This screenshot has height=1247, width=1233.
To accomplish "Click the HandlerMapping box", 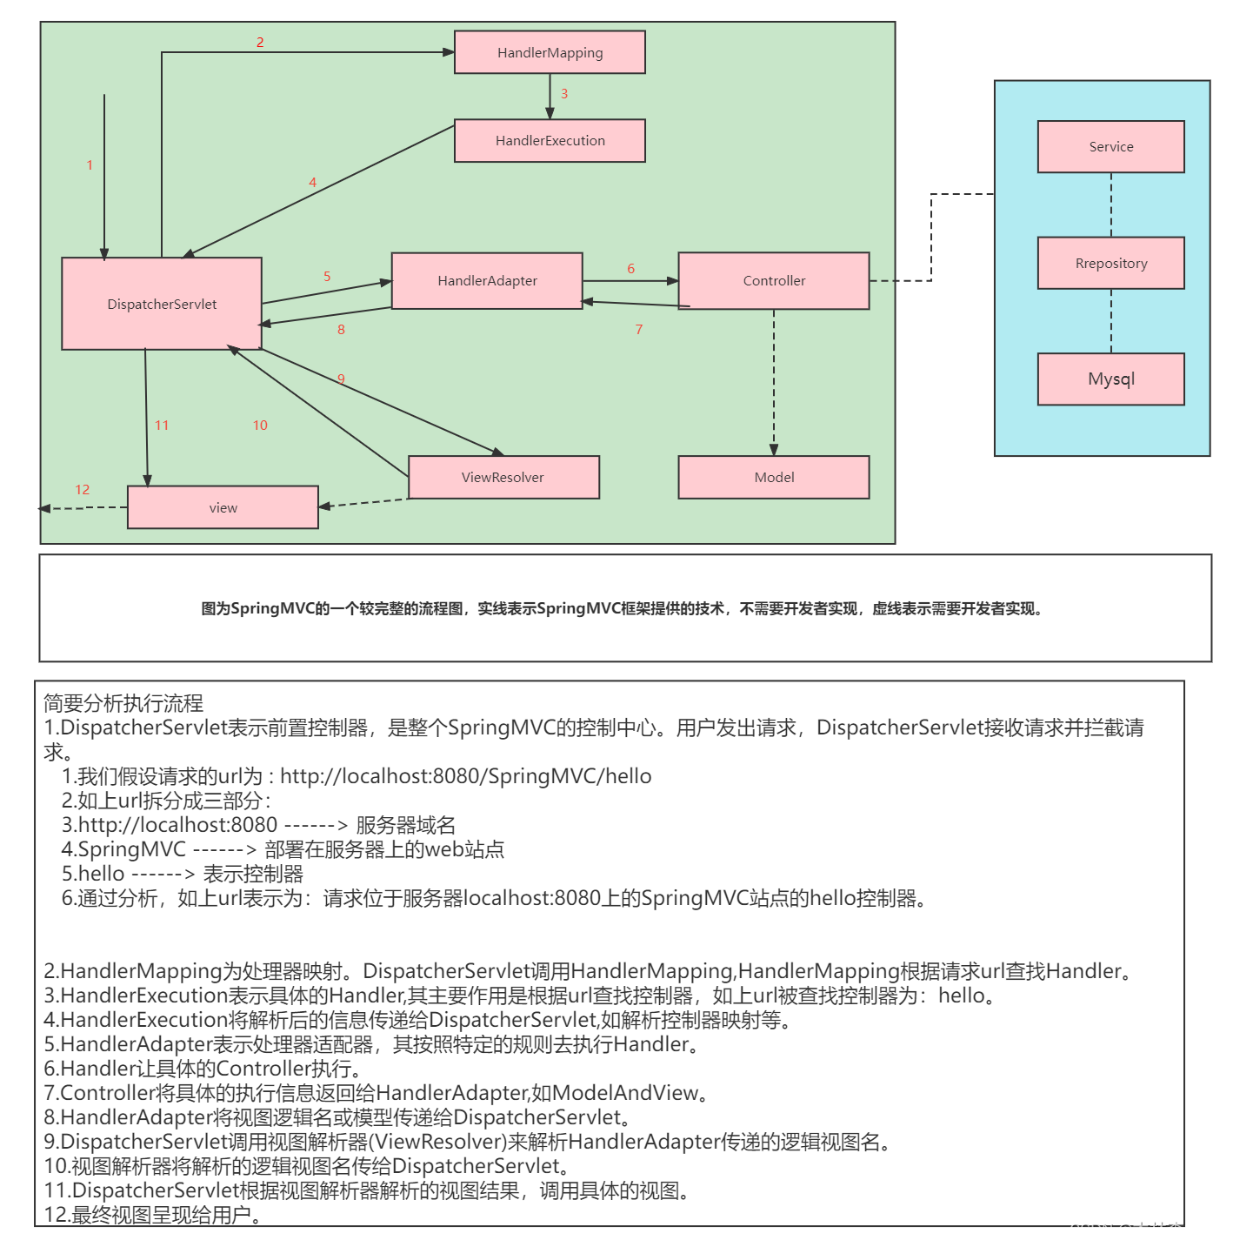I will pyautogui.click(x=550, y=52).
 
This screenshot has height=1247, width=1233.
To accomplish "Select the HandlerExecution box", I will pyautogui.click(x=550, y=141).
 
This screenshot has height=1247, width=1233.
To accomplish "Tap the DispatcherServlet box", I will pyautogui.click(x=162, y=304).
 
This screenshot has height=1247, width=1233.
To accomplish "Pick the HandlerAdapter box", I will pyautogui.click(x=487, y=281).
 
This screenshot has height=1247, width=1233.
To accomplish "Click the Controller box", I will pyautogui.click(x=774, y=281).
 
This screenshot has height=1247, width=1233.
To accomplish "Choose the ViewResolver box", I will pyautogui.click(x=503, y=477).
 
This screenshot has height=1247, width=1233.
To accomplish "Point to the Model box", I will pyautogui.click(x=774, y=477).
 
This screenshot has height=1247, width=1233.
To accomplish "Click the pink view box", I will pyautogui.click(x=223, y=507).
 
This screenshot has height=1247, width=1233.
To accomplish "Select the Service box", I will pyautogui.click(x=1110, y=147).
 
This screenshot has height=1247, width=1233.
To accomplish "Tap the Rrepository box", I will pyautogui.click(x=1110, y=263).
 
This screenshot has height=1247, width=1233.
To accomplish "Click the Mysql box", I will pyautogui.click(x=1110, y=379).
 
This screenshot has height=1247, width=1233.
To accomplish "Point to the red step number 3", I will pyautogui.click(x=564, y=94).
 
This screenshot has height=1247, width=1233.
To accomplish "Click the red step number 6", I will pyautogui.click(x=630, y=269).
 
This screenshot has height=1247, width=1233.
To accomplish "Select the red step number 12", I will pyautogui.click(x=83, y=490).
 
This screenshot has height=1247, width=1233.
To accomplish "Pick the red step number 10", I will pyautogui.click(x=260, y=426).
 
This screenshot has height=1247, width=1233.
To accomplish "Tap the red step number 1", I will pyautogui.click(x=90, y=165).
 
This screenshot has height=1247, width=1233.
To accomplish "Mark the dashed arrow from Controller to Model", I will pyautogui.click(x=774, y=383).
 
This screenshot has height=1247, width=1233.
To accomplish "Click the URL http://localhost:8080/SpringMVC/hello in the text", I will pyautogui.click(x=466, y=776).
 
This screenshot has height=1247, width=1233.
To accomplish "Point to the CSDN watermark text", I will pyautogui.click(x=1143, y=1230).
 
